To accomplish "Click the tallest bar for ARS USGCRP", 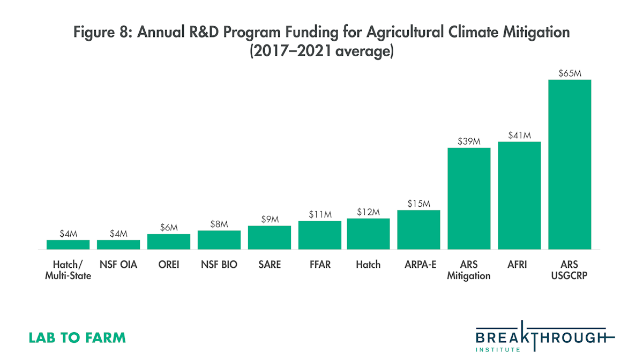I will coord(570,164).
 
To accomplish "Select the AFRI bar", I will coord(519,196).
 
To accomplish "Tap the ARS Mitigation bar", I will coord(469,198).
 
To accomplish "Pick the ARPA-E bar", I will coord(418,230).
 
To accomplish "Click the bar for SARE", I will coord(270,237).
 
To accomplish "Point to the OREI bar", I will coord(169,242).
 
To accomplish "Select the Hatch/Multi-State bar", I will coord(68,244).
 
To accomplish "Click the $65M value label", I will coord(570,73).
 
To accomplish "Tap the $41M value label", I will coord(519,135).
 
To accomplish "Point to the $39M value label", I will coord(469,141).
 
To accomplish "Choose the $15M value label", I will coord(418,204).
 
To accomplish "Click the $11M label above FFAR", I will coord(320,214).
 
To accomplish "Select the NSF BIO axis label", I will coord(219,265).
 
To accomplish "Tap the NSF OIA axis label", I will coord(118,265).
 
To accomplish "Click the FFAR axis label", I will coord(320,265).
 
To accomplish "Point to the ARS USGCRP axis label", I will coord(570,270).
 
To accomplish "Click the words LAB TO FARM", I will coord(77,338).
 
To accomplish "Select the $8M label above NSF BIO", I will coord(219,224).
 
